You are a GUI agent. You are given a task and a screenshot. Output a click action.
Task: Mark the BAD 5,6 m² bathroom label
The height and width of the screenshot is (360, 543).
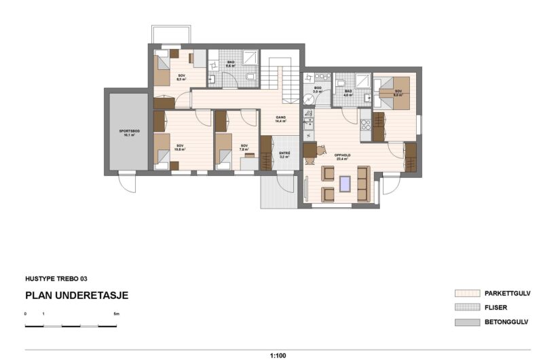tap(231, 64)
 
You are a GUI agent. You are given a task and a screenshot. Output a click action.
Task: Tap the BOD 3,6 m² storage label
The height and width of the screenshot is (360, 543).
tap(317, 90)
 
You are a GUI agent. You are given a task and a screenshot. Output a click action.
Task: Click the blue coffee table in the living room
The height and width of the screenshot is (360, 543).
tap(345, 182)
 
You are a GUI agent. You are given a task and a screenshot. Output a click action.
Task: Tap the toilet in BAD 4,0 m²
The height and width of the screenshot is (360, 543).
tap(341, 84)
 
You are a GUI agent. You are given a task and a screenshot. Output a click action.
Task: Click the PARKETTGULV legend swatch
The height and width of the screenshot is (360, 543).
tap(467, 293)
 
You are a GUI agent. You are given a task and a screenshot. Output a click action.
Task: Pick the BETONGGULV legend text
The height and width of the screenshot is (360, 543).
tap(506, 321)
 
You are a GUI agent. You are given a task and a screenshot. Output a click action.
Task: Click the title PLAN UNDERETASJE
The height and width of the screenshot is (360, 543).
tap(77, 295)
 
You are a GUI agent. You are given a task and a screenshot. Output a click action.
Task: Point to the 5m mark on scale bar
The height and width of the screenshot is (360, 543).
tap(116, 314)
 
